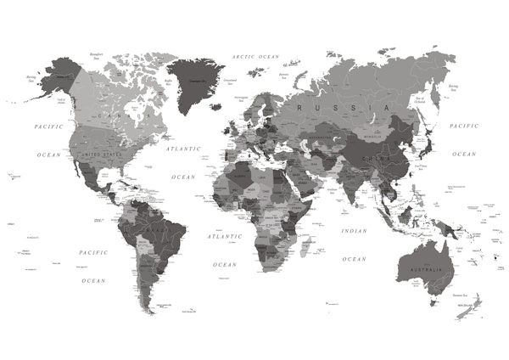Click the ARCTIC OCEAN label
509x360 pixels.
255,56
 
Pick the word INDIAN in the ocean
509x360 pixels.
354,231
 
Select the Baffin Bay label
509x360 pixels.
168,82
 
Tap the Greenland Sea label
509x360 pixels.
230,82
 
